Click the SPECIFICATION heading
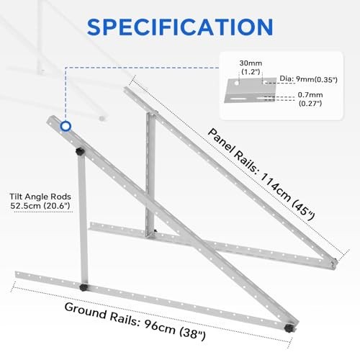pyautogui.click(x=180, y=27)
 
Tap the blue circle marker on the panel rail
pyautogui.click(x=66, y=126)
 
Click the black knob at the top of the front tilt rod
pyautogui.click(x=79, y=152)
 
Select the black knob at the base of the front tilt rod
pyautogui.click(x=84, y=287)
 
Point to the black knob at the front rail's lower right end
pyautogui.click(x=288, y=328)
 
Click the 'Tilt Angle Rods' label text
pyautogui.click(x=40, y=197)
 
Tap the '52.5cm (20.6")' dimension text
pyautogui.click(x=40, y=206)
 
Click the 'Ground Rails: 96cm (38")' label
pyautogui.click(x=135, y=321)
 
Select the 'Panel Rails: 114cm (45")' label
pyautogui.click(x=261, y=174)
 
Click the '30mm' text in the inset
pyautogui.click(x=251, y=63)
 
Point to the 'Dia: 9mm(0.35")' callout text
pyautogui.click(x=308, y=79)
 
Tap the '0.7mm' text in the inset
pyautogui.click(x=310, y=95)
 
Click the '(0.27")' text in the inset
pyautogui.click(x=310, y=104)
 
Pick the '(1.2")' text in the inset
pyautogui.click(x=251, y=72)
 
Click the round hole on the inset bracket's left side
pyautogui.click(x=237, y=83)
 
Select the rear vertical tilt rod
pyautogui.click(x=150, y=175)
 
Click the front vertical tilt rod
pyautogui.click(x=82, y=220)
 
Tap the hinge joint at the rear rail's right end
pyautogui.click(x=334, y=264)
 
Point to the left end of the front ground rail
pyautogui.click(x=16, y=274)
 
